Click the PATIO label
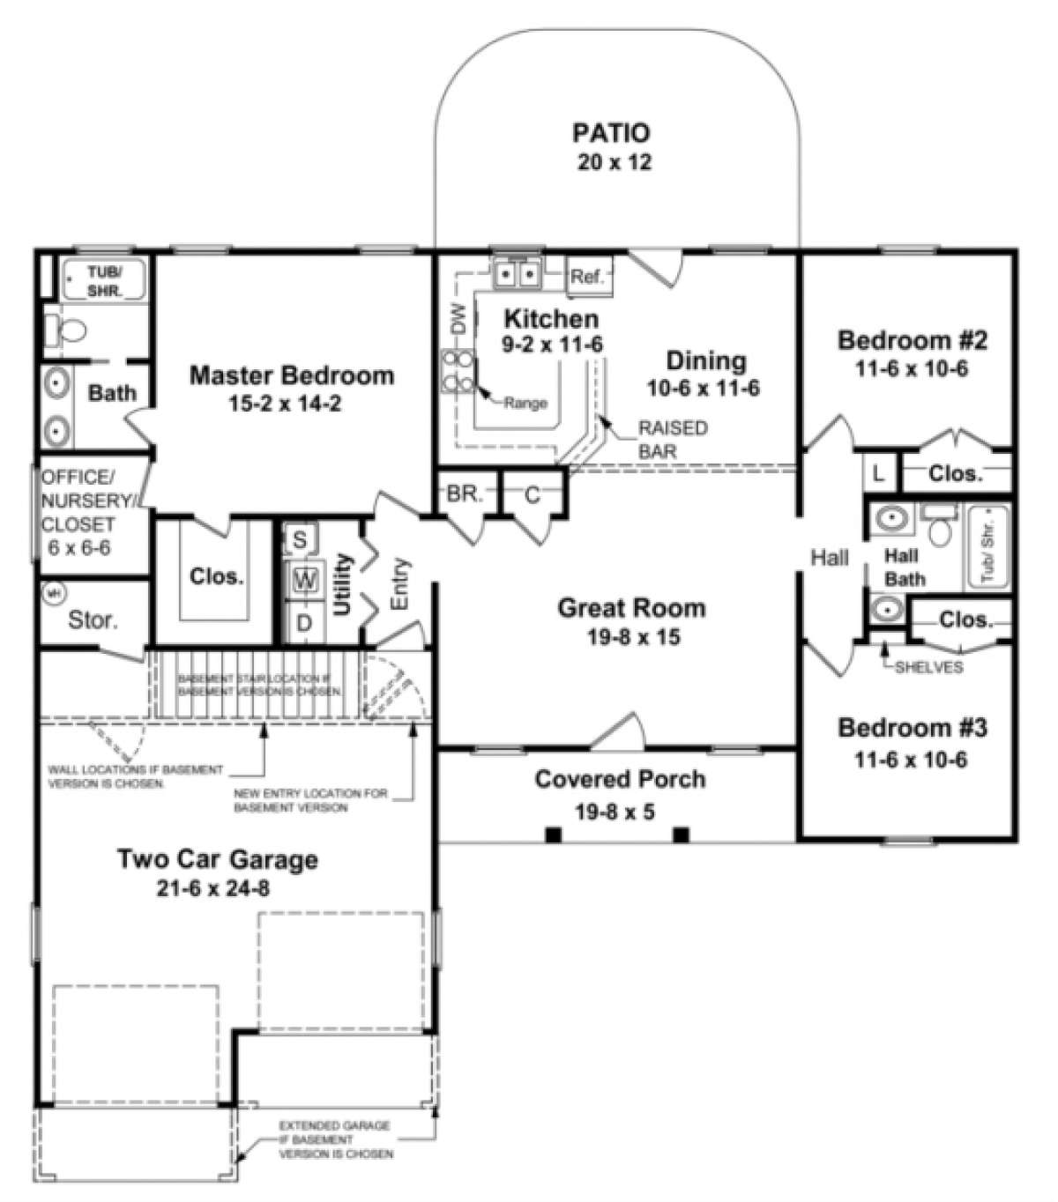pos(611,133)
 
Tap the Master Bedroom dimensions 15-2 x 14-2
pos(291,404)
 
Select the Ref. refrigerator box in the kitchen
pos(586,277)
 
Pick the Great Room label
pos(631,608)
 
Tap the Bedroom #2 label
pos(913,340)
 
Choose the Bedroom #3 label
pos(913,728)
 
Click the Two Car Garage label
pos(218,859)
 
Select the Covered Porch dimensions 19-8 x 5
pos(615,812)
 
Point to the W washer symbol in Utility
pos(305,580)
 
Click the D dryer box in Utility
pos(304,623)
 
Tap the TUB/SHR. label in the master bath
pos(104,279)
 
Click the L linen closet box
pos(878,473)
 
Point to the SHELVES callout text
pos(928,667)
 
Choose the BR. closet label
pos(464,494)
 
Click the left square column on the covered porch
pos(552,835)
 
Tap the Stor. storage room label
pos(93,620)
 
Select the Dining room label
pos(705,360)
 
